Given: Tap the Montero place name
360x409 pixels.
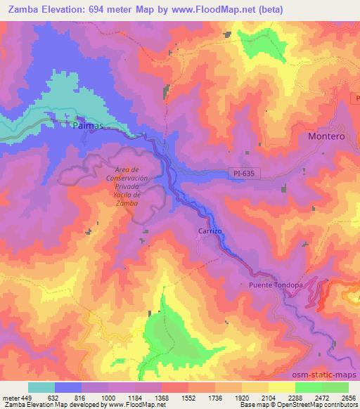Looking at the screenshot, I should pos(327,136).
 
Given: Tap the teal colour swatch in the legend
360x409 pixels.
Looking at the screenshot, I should pos(41,387).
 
